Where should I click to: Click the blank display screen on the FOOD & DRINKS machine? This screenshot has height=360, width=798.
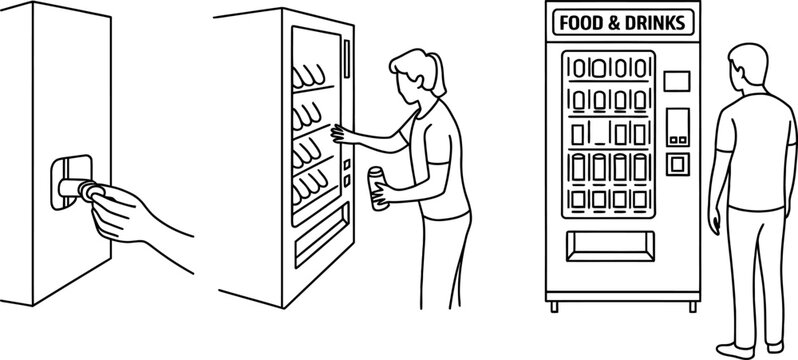(x=678, y=80)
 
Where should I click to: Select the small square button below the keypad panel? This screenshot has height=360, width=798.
(x=677, y=161)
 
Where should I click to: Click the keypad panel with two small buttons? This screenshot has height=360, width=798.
(x=678, y=124)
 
